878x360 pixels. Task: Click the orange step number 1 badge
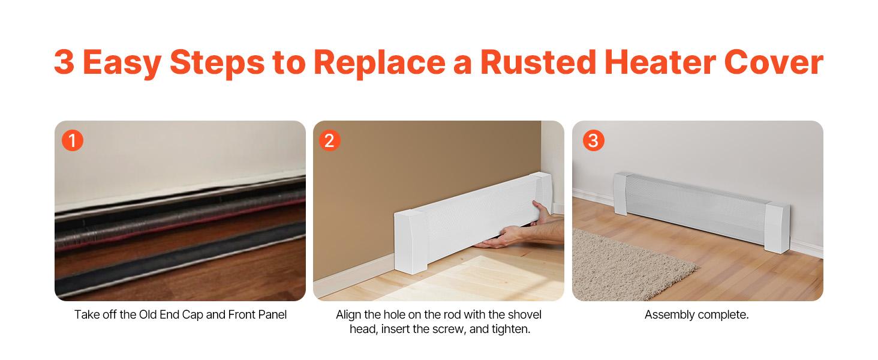[73, 141]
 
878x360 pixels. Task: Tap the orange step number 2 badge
[329, 141]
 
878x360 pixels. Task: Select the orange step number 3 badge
[593, 141]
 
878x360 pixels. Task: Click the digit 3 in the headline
[65, 62]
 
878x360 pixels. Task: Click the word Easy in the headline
[123, 62]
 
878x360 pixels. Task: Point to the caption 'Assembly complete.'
[696, 314]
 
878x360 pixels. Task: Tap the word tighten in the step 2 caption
[509, 329]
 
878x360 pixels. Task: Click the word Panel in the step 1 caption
[272, 314]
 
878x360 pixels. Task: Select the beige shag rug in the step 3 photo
[624, 264]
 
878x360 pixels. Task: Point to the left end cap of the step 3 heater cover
[621, 193]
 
